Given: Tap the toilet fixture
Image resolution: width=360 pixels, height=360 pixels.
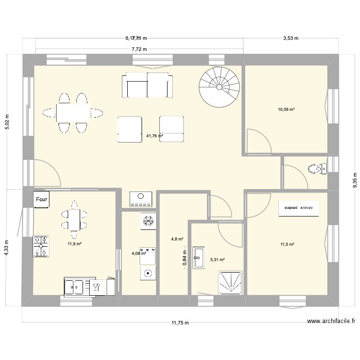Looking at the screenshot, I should [x=317, y=168].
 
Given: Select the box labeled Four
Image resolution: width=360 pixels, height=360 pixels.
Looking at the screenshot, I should [x=41, y=199].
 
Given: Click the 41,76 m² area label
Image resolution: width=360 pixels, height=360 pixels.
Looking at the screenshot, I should [x=154, y=136].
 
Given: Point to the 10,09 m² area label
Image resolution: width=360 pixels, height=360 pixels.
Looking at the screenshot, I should [x=286, y=109].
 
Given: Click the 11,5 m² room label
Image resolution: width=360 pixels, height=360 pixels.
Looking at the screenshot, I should [x=287, y=244].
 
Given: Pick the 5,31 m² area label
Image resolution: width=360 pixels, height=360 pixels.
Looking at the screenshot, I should [x=217, y=260].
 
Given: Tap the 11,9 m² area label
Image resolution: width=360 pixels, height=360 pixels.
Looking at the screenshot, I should [x=74, y=244].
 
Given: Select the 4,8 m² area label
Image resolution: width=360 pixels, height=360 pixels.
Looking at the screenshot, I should [x=177, y=239].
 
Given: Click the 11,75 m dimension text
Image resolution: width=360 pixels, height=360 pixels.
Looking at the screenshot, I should [x=180, y=323].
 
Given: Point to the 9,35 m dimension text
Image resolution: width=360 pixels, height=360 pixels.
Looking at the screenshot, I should [x=355, y=181].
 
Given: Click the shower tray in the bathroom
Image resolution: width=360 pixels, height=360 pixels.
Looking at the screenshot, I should [x=231, y=283].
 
